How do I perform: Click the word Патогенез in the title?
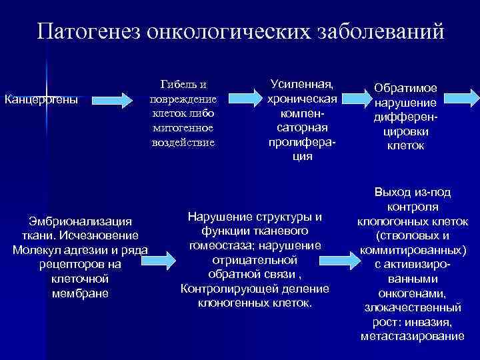pyautogui.click(x=89, y=31)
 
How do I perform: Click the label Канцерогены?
pyautogui.click(x=41, y=100)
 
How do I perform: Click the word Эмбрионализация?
pyautogui.click(x=79, y=221)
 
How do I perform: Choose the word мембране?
pyautogui.click(x=79, y=293)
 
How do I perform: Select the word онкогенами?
pyautogui.click(x=413, y=293)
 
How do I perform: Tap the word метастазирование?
pyautogui.click(x=412, y=337)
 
